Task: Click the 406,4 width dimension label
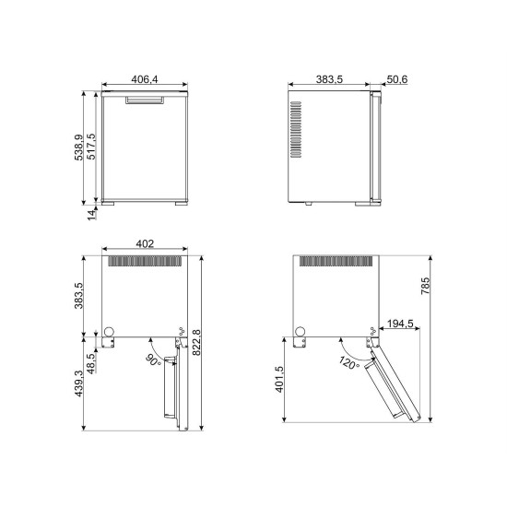tap(145, 79)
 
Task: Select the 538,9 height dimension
tap(79, 147)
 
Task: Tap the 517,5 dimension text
tap(91, 147)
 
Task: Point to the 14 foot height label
tap(92, 215)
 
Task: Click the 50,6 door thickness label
tap(397, 79)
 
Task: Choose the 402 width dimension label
tap(145, 243)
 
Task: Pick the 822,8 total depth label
tap(196, 343)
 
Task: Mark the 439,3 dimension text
tap(79, 383)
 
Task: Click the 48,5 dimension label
tap(92, 364)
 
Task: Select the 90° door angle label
tap(153, 360)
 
